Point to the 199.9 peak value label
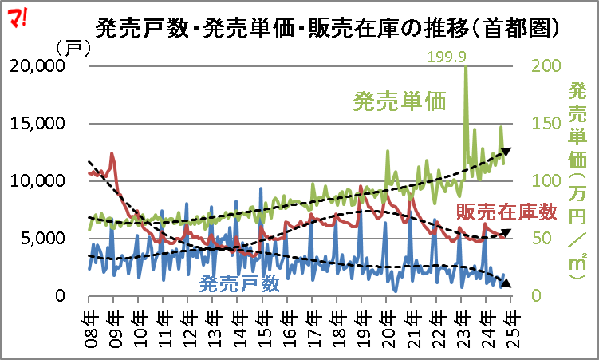[447, 56]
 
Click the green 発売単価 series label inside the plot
[399, 101]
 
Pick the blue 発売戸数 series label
[239, 283]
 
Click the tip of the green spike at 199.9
[465, 68]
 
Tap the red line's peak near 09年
[112, 153]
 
